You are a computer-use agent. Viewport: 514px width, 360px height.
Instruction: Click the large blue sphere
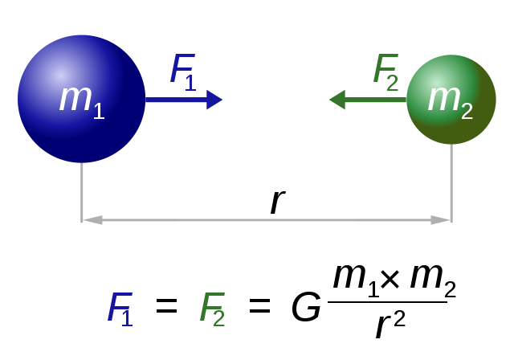coord(81,99)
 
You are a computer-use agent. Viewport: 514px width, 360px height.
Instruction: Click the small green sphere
coord(451,100)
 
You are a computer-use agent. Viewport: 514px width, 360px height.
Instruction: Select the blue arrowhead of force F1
coord(214,100)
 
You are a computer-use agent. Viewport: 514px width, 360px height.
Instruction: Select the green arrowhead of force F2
coord(337,100)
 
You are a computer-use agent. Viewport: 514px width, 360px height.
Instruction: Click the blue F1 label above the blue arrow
coord(183,72)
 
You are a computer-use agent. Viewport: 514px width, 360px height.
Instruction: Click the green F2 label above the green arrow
coord(385,72)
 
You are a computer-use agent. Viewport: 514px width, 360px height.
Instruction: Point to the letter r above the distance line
coord(278,202)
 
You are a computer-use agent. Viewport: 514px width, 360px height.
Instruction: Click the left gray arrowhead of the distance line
coord(92,219)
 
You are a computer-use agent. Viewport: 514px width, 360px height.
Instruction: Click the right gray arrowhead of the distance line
coord(441,219)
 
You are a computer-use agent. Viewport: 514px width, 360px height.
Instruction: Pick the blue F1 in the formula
coord(120,309)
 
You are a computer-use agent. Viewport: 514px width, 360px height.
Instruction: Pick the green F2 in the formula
coord(212,309)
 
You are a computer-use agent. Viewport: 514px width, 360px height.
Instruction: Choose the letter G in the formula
coord(306,306)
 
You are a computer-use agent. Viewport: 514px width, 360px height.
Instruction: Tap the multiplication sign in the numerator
coord(390,279)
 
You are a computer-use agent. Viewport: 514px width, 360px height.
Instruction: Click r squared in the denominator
coord(390,325)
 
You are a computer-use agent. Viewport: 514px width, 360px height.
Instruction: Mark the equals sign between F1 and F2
coord(166,305)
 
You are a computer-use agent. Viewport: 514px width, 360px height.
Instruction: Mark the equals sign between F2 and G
coord(259,305)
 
